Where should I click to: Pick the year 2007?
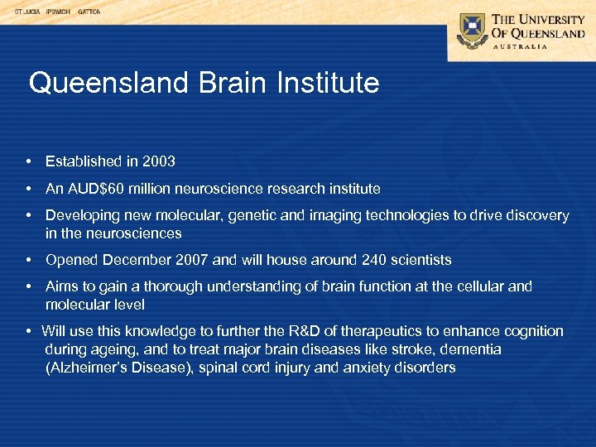tap(193, 260)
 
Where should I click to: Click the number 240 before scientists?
tap(374, 260)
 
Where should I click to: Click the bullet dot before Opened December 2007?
tap(28, 260)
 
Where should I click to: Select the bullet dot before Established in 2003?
tap(28, 161)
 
